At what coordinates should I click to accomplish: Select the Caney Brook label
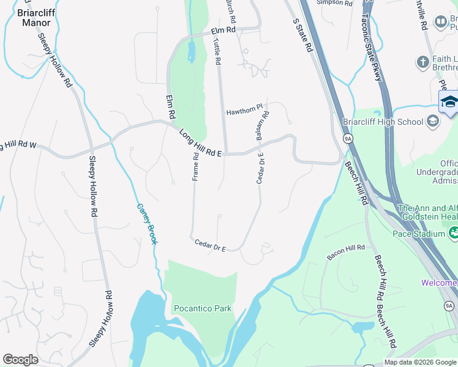(147, 224)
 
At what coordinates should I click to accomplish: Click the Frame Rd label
(195, 166)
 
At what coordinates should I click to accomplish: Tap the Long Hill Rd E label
(200, 143)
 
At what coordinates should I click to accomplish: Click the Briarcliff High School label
(383, 122)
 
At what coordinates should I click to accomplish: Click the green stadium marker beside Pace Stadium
(454, 232)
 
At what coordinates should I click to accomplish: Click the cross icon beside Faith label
(422, 62)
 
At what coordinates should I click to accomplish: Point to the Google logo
(20, 360)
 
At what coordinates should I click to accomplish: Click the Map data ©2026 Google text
(420, 362)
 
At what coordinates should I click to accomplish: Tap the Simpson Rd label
(335, 3)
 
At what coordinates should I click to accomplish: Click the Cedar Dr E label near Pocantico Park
(211, 246)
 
